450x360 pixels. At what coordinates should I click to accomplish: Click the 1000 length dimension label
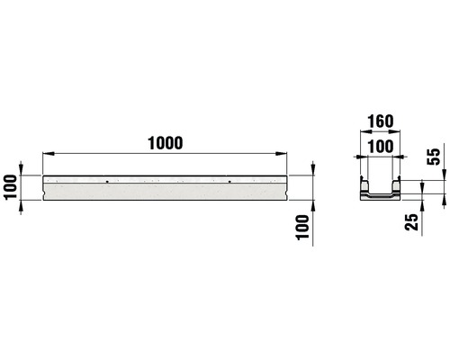167,143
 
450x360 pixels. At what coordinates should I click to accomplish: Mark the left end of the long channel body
45,187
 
